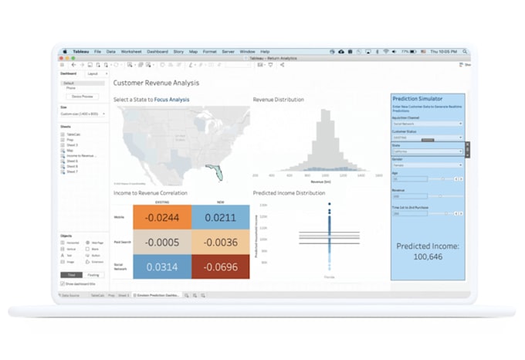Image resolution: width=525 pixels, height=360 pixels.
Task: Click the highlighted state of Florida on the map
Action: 218,172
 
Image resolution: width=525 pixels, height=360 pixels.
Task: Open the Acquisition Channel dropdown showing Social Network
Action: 427,124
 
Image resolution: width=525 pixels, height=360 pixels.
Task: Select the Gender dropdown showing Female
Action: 427,165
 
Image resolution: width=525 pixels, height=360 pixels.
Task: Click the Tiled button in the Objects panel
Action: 70,275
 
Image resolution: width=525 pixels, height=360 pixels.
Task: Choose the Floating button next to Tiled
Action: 93,275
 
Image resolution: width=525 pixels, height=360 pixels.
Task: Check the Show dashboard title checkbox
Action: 63,284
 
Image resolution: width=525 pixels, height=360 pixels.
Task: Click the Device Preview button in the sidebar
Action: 83,97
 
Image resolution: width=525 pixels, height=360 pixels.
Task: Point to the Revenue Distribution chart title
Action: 279,100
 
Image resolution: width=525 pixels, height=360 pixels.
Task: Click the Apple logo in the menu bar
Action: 66,51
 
